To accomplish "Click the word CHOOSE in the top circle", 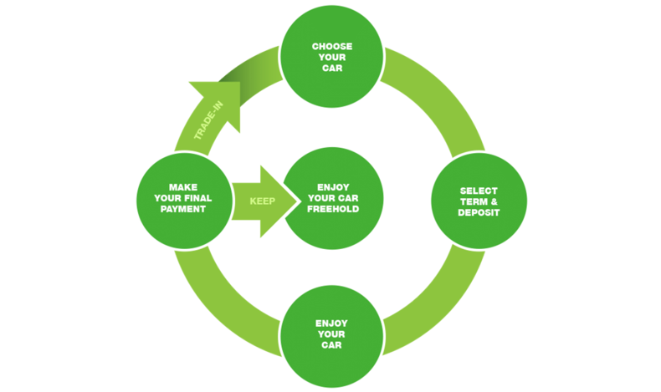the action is coord(332,46).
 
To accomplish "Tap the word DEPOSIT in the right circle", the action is coord(479,212).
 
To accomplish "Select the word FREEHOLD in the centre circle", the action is coord(333,209).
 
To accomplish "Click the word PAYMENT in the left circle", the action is coord(183,209).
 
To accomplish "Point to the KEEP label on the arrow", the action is coord(262,201).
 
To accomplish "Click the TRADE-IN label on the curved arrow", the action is coord(208,120).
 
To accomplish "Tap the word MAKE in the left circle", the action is coord(183,187).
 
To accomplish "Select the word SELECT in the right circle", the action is coord(479,191).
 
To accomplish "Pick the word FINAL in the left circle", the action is coord(198,198).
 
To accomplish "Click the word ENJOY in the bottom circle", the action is coord(331,323).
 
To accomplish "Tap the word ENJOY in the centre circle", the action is coord(333,187).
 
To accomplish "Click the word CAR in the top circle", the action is coord(332,69).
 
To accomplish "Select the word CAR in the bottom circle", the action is coord(331,345).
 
